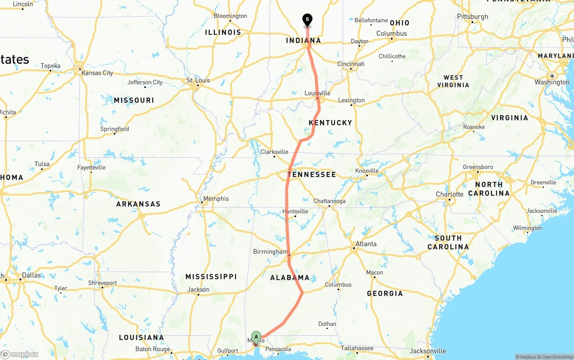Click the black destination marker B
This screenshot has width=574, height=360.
[x=307, y=19]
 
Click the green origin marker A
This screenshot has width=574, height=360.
[x=256, y=337]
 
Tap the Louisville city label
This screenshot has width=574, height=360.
[x=317, y=93]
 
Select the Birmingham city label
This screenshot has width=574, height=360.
[x=270, y=252]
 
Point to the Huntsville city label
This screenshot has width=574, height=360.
[x=295, y=211]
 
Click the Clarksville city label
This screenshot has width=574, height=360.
[x=274, y=152]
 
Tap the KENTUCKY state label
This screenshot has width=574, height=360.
[x=330, y=123]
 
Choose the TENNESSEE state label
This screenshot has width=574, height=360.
[x=312, y=174]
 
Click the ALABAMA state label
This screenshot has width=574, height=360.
[x=290, y=278]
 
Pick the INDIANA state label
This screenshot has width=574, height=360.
[x=304, y=41]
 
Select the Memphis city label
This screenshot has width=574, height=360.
[x=216, y=199]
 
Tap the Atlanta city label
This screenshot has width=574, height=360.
[x=366, y=244]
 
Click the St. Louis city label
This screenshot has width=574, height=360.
[x=198, y=81]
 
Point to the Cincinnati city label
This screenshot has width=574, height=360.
[x=351, y=64]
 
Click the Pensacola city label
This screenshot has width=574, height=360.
[x=278, y=349]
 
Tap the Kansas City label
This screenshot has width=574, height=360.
[x=97, y=73]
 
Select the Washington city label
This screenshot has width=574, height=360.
[x=552, y=82]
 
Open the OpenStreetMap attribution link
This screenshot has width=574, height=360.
[x=556, y=357]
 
